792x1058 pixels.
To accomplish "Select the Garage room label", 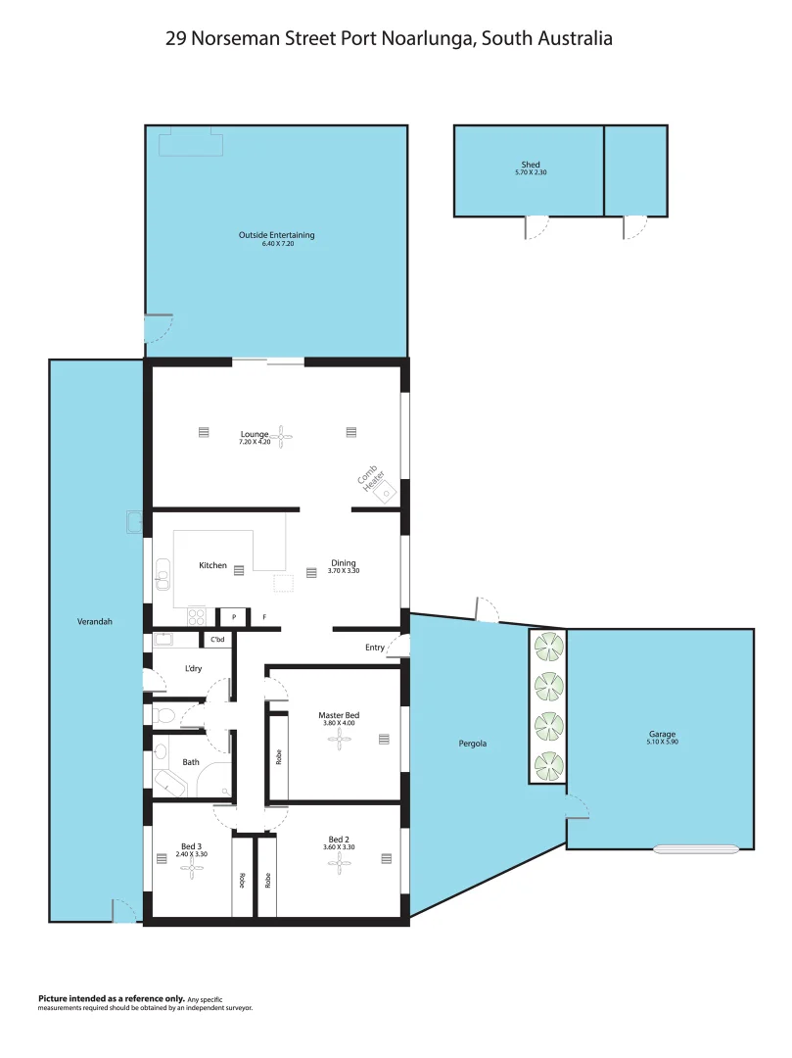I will [661, 734].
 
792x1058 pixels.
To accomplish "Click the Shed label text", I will [530, 165].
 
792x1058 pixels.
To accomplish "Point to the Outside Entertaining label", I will [276, 235].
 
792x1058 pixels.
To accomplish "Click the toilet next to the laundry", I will [164, 717].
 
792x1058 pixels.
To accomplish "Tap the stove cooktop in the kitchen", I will [196, 617].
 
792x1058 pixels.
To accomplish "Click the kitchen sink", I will [163, 580].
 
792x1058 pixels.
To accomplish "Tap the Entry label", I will [375, 647].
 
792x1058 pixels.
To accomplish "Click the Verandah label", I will [94, 621].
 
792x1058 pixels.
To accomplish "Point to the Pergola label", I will [472, 744].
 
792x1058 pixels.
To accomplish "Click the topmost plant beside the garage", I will [548, 647].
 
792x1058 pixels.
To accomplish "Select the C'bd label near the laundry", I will [217, 640].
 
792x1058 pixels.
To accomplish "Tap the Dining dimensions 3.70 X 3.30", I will [344, 571].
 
